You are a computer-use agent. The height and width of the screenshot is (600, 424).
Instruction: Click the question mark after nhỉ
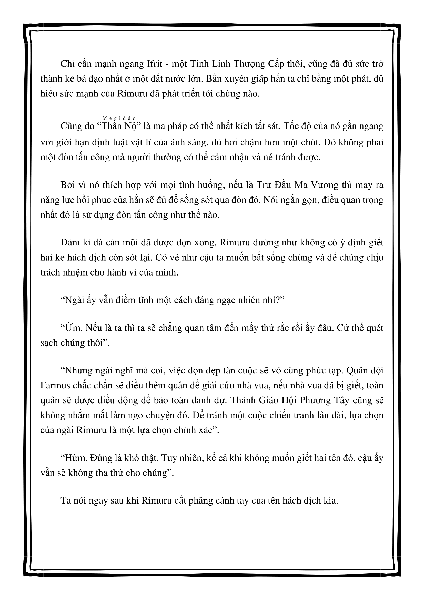pyautogui.click(x=277, y=300)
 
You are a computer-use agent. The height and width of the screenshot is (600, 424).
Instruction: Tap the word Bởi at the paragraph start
pyautogui.click(x=68, y=185)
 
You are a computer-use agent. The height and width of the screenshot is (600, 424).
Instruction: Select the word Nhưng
pyautogui.click(x=79, y=371)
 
